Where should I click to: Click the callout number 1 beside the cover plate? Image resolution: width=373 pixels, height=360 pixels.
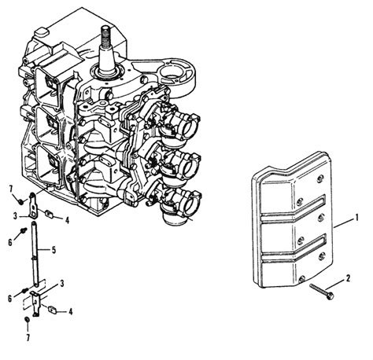pyautogui.click(x=356, y=218)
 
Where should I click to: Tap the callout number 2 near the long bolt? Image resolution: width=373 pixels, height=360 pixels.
pyautogui.click(x=348, y=278)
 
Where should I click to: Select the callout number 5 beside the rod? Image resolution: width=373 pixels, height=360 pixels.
pyautogui.click(x=54, y=250)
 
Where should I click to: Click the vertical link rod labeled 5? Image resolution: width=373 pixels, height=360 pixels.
pyautogui.click(x=35, y=253)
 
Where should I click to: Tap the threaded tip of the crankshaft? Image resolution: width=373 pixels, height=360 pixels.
pyautogui.click(x=105, y=34)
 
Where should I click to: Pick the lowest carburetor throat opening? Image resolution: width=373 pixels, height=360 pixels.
pyautogui.click(x=194, y=201)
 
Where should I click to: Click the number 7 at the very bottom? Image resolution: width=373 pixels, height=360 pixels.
pyautogui.click(x=28, y=337)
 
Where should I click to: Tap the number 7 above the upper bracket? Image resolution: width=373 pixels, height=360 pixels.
pyautogui.click(x=11, y=189)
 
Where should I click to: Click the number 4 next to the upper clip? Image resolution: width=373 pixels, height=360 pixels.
pyautogui.click(x=68, y=220)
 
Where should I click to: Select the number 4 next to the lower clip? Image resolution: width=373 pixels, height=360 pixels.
pyautogui.click(x=70, y=311)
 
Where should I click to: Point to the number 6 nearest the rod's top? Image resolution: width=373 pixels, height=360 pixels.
pyautogui.click(x=10, y=242)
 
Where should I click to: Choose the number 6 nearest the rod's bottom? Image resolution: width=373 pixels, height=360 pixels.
pyautogui.click(x=10, y=299)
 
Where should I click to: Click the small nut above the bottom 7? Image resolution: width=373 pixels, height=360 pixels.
pyautogui.click(x=27, y=319)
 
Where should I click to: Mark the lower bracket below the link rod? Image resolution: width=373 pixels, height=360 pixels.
pyautogui.click(x=35, y=303)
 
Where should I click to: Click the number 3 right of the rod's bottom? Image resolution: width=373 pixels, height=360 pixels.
pyautogui.click(x=62, y=284)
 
